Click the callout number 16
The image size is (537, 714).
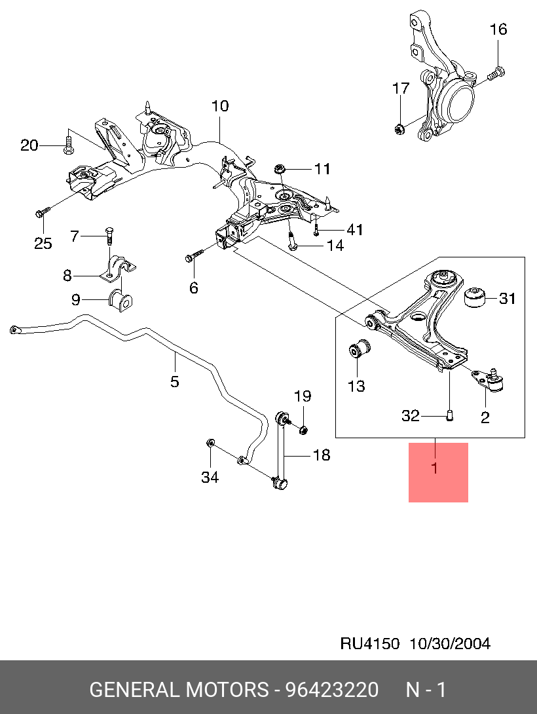(x=498, y=29)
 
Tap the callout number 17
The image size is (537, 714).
(x=401, y=88)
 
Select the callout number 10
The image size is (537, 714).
(x=220, y=105)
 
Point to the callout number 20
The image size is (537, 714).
(x=29, y=145)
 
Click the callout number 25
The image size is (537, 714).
(x=43, y=244)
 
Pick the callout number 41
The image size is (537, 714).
(x=354, y=229)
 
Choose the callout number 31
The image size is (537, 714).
(x=508, y=299)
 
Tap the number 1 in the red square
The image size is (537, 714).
(x=434, y=468)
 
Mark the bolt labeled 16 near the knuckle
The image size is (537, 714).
(x=497, y=72)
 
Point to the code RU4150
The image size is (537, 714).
(x=369, y=643)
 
